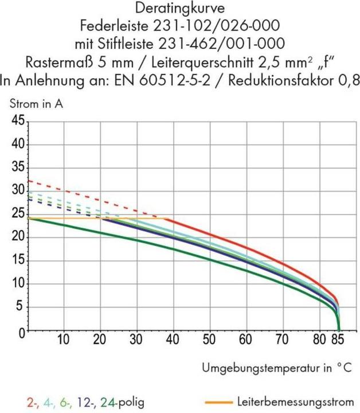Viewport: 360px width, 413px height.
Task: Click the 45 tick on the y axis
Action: [17, 122]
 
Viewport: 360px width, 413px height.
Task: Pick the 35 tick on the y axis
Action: [17, 168]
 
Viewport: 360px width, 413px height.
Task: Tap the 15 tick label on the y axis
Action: [17, 261]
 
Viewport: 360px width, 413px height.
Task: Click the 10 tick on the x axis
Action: [64, 340]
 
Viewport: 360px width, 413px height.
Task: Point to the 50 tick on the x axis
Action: [210, 340]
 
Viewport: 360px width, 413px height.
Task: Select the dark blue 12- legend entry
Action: [83, 401]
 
